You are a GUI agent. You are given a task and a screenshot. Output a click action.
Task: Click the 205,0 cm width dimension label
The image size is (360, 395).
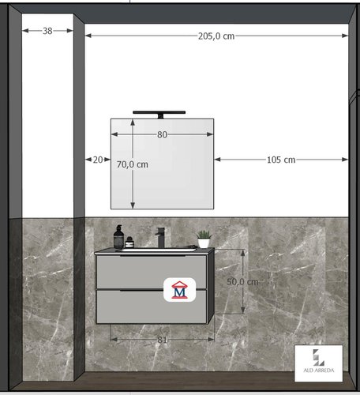coord(216,36)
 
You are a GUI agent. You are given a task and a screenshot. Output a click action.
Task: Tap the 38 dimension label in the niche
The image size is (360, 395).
coord(47,31)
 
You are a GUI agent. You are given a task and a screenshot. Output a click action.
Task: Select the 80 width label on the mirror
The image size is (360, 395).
coord(162,134)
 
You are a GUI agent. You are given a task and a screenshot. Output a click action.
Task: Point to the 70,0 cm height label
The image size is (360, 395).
coord(133,164)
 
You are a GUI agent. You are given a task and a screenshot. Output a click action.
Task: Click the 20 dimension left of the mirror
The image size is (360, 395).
coord(98,160)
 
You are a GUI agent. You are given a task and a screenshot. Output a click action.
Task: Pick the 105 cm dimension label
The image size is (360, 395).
coord(281,160)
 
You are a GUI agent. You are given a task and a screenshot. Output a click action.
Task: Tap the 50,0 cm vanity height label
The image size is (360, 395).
coord(242,282)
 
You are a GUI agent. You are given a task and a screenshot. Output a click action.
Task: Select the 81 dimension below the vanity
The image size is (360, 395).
coord(162,340)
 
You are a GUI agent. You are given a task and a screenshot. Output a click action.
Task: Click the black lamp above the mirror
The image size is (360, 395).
coord(159,114)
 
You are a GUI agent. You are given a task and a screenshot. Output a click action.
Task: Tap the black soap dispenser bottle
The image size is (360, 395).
coord(118,237)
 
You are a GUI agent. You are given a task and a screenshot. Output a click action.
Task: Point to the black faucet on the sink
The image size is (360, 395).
coord(159,238)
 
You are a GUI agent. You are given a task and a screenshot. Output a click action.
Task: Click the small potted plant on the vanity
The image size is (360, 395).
coord(204,239)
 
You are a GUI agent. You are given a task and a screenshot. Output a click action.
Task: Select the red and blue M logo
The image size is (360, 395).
coord(179,290)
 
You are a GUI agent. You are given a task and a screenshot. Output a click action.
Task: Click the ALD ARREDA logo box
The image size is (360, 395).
coord(318,363)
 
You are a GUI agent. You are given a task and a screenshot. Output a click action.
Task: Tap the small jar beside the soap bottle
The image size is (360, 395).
coord(129,243)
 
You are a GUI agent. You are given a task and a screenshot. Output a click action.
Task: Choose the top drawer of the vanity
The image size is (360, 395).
coord(152,272)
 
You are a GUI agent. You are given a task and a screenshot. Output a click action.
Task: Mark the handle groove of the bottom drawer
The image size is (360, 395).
coord(141,290)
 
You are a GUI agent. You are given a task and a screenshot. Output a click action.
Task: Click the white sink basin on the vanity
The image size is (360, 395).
coord(159,250)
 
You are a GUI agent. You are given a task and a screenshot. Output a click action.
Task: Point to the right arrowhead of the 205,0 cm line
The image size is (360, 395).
coord(345,36)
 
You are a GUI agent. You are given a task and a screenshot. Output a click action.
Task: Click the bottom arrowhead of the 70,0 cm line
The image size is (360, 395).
coord(133,205)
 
